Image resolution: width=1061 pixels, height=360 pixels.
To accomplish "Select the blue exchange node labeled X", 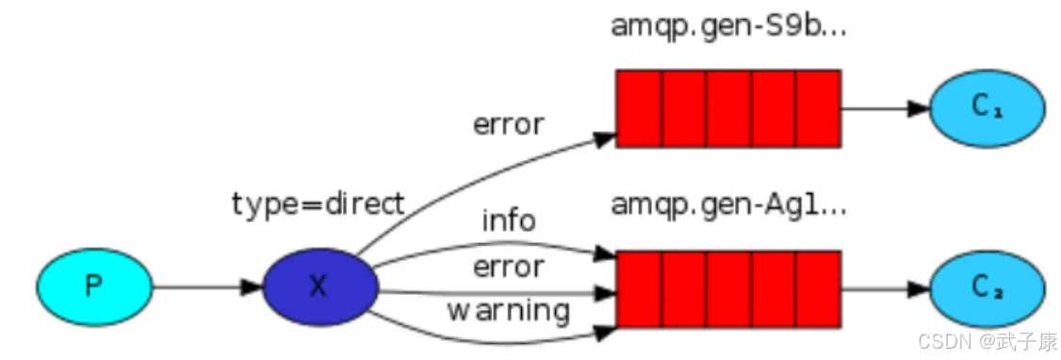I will (x=320, y=286).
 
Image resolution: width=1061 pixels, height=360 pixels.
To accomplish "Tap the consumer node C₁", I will (x=987, y=107).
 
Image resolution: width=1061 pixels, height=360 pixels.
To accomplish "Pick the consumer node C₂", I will (x=987, y=286).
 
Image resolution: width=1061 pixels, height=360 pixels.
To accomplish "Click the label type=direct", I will (x=318, y=204).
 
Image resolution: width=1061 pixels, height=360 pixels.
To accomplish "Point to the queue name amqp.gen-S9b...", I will (x=728, y=25).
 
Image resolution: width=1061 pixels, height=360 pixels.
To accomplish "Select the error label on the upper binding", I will (x=508, y=123).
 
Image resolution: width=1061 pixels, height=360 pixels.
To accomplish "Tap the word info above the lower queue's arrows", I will (x=509, y=221).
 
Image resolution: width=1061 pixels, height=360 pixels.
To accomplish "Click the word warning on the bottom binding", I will (x=508, y=309).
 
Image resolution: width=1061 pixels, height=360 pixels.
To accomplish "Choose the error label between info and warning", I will (x=508, y=267).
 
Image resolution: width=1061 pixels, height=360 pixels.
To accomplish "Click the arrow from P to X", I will (x=207, y=286).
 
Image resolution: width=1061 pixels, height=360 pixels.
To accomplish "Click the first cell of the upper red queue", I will (x=639, y=107).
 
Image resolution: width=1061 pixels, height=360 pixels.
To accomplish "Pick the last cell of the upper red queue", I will (x=818, y=107).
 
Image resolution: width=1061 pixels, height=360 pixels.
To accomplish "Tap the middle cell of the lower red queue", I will (x=728, y=287).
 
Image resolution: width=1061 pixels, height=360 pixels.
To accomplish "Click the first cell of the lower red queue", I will (x=639, y=287).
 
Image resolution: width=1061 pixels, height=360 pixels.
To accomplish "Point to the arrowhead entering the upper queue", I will (x=606, y=138).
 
